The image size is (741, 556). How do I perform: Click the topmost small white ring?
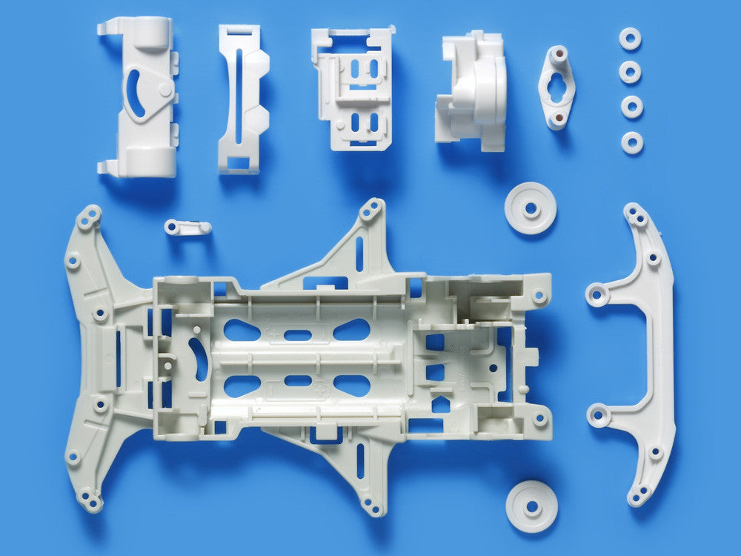tap(630, 39)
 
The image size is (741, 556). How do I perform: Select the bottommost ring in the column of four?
tap(632, 142)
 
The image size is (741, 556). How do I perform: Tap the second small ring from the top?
tap(631, 72)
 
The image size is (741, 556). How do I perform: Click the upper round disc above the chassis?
tap(530, 208)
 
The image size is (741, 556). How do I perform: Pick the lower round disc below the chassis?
tap(531, 506)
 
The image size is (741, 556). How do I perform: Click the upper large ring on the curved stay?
tap(597, 294)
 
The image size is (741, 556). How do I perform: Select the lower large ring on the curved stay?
tap(598, 415)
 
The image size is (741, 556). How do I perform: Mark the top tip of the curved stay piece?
tap(634, 211)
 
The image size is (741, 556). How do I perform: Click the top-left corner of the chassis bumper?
tap(89, 216)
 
